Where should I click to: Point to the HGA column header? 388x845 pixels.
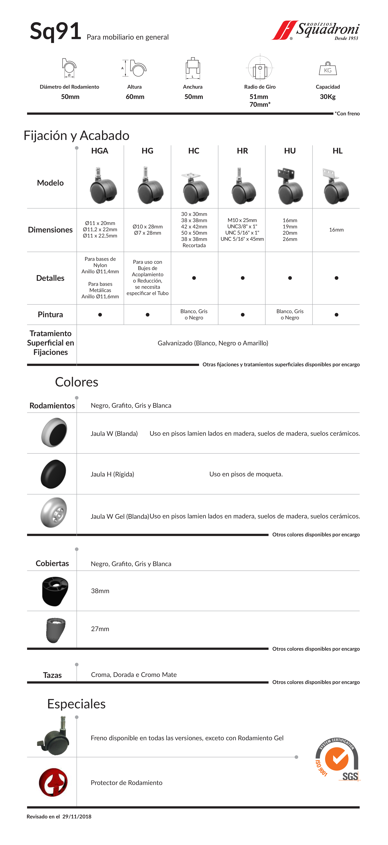click(x=100, y=151)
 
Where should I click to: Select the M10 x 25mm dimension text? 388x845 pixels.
click(x=242, y=220)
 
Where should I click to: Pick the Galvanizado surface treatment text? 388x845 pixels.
click(x=213, y=343)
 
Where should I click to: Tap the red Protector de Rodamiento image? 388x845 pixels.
click(x=53, y=782)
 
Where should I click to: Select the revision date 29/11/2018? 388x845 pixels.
click(x=77, y=816)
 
